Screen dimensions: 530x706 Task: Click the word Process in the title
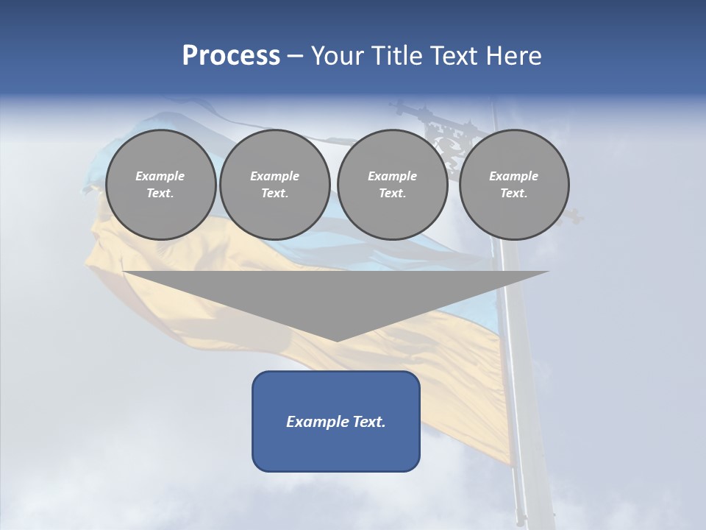[231, 56]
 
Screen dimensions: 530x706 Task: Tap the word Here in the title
[514, 56]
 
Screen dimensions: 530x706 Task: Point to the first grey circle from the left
[160, 184]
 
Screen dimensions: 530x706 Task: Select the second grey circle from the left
[274, 184]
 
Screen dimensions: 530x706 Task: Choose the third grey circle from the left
[392, 184]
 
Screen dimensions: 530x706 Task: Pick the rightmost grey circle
[513, 184]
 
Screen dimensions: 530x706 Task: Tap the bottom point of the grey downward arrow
[336, 340]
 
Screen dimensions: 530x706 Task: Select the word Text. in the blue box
[368, 422]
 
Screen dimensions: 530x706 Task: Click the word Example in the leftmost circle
[160, 176]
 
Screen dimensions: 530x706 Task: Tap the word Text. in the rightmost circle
[513, 193]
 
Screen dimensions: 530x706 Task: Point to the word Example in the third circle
[392, 176]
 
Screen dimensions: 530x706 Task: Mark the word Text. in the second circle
[274, 193]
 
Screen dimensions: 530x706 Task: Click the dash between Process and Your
[296, 56]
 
